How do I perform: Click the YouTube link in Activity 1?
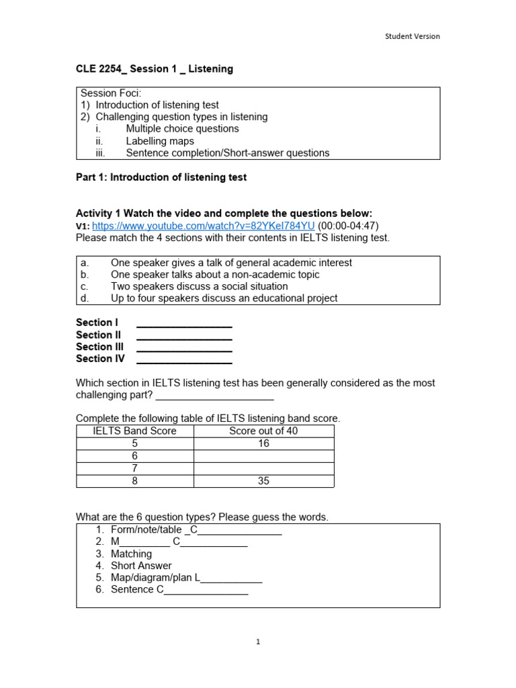(203, 226)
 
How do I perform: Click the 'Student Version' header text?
(413, 36)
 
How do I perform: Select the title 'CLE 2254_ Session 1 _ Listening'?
(155, 69)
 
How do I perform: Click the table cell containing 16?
(263, 443)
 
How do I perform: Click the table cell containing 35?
(263, 481)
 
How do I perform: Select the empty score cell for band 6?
(263, 456)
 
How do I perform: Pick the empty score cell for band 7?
(263, 468)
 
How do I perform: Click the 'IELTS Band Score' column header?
(134, 431)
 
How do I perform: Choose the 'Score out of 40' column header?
(263, 431)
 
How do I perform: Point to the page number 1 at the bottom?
(258, 642)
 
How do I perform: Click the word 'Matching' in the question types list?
(131, 554)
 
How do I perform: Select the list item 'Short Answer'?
(141, 566)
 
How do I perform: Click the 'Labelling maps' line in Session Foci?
(160, 141)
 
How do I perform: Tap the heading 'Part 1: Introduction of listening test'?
(161, 177)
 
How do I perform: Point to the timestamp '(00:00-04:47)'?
(353, 226)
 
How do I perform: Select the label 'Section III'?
(100, 347)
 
